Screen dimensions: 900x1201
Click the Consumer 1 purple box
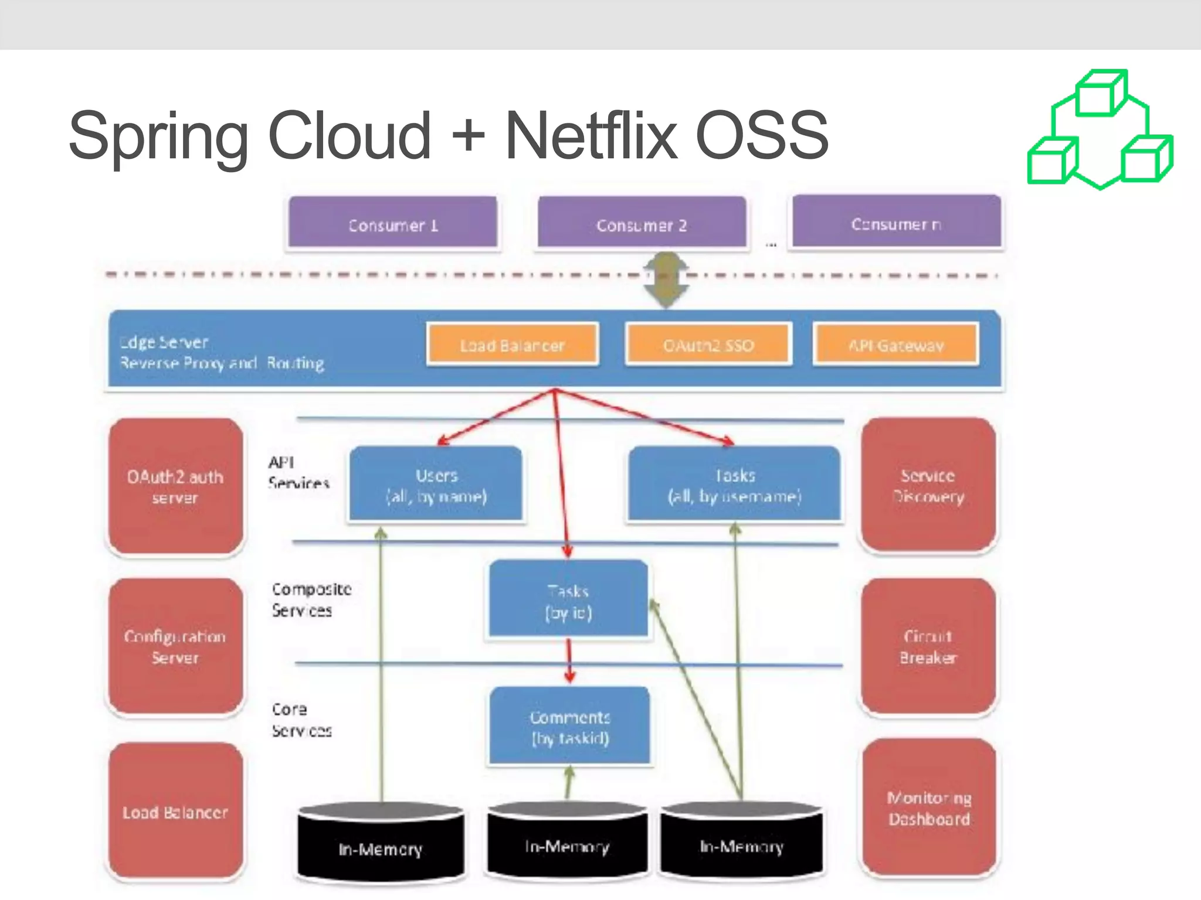392,223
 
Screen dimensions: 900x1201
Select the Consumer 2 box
642,223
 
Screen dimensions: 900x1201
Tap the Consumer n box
896,222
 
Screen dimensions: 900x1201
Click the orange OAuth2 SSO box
708,345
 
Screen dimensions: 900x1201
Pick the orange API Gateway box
896,345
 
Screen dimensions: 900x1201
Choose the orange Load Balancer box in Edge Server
512,345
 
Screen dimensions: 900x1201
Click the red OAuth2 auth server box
175,486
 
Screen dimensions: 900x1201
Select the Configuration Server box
175,646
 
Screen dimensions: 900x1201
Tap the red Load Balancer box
175,811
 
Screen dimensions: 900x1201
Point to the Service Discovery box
928,485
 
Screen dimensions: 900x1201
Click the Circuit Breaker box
928,646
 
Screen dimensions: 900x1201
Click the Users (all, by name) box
436,484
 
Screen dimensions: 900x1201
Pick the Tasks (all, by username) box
734,484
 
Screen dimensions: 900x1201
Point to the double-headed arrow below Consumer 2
666,280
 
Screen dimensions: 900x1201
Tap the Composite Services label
311,599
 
